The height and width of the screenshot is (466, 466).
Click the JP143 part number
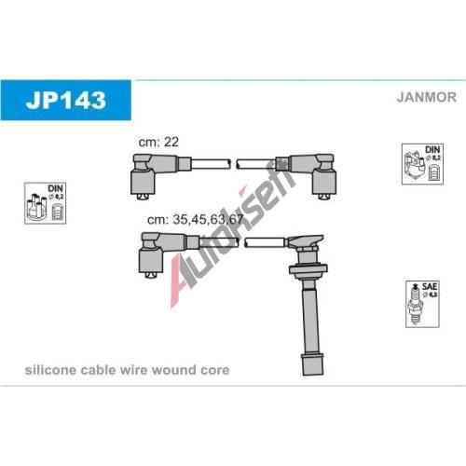pos(66,100)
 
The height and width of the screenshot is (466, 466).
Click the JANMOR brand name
pos(426,97)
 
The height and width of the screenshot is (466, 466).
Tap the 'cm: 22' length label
pos(158,142)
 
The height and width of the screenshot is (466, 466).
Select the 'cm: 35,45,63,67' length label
pos(195,219)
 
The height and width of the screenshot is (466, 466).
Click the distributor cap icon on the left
pos(46,203)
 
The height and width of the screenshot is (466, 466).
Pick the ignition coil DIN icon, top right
pos(422,164)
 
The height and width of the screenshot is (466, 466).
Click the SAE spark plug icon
pos(422,304)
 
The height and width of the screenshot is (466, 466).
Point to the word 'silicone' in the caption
pos(50,370)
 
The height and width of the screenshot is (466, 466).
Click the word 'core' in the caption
pos(215,370)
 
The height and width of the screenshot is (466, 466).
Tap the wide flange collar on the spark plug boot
pos(308,269)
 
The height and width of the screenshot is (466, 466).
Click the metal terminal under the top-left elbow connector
pos(143,197)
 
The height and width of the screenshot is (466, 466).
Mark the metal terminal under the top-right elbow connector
pos(324,197)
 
